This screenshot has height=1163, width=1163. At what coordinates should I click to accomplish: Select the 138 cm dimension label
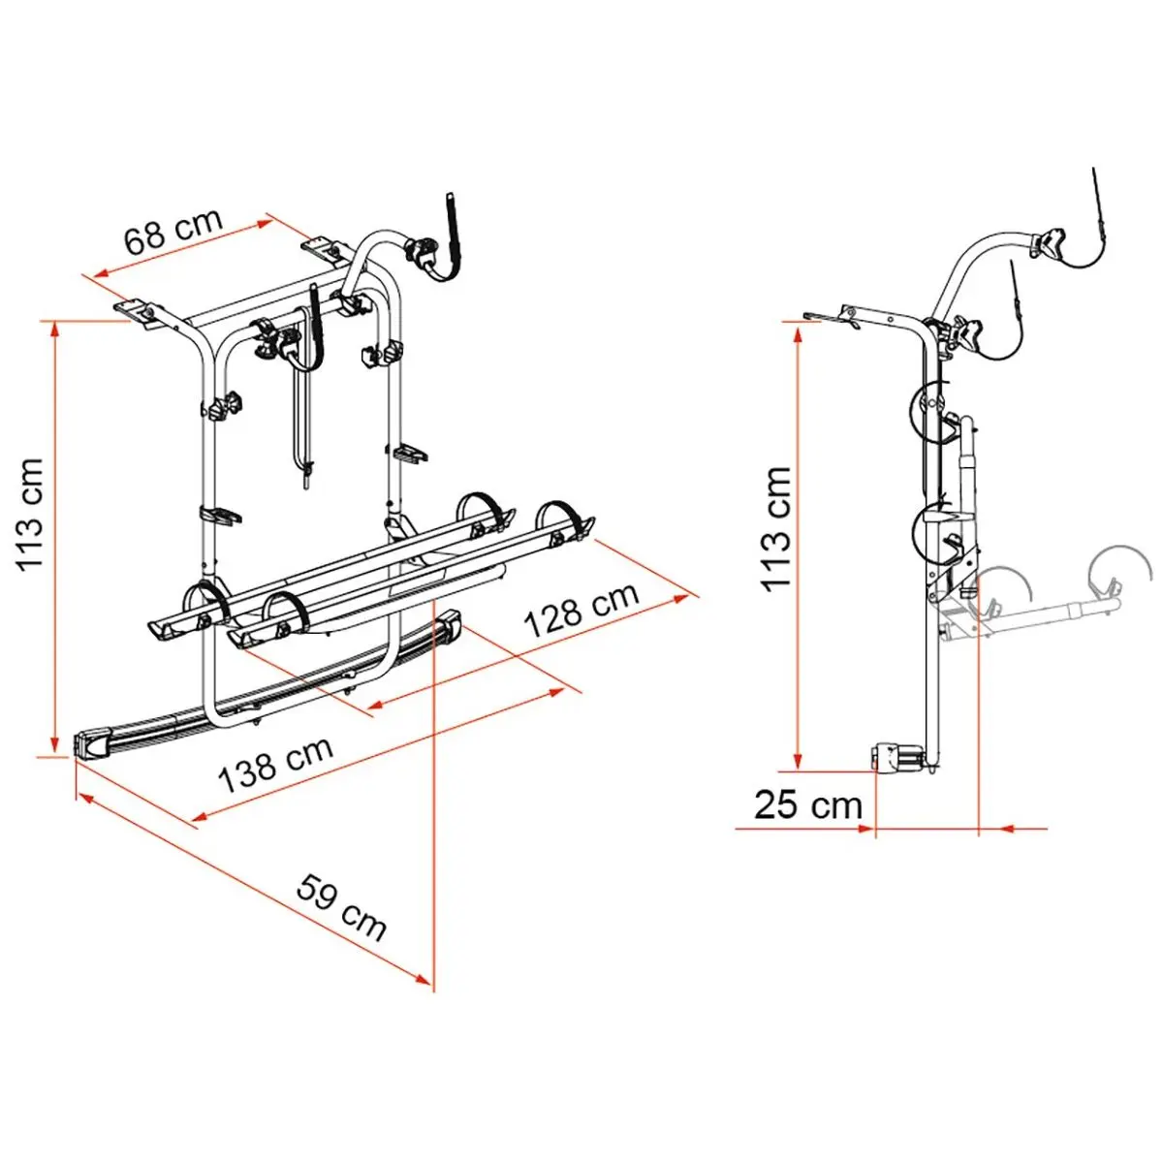pyautogui.click(x=276, y=765)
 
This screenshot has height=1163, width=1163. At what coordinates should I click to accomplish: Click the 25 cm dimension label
pyautogui.click(x=808, y=805)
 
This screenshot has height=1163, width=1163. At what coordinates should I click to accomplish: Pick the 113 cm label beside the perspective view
pyautogui.click(x=30, y=515)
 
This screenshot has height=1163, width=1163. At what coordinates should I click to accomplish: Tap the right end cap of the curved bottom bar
pyautogui.click(x=449, y=627)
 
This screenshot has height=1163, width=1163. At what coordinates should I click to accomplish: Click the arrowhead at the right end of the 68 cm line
pyautogui.click(x=266, y=223)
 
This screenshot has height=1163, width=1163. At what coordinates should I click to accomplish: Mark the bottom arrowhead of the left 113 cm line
pyautogui.click(x=55, y=744)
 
